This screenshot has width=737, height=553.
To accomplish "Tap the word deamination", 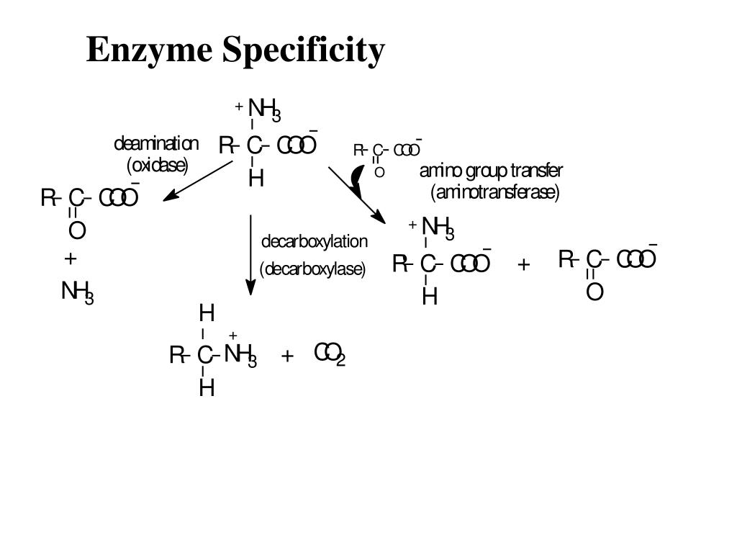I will (x=156, y=144).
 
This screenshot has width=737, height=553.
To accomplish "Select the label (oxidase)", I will (x=157, y=166).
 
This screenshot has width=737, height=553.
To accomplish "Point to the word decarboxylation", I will (x=314, y=241).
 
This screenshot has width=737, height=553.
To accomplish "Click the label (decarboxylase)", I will (x=313, y=269).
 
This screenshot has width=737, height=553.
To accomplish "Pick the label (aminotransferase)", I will (x=495, y=193).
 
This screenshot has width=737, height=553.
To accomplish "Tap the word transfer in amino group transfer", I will (x=536, y=171).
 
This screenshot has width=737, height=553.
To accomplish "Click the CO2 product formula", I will (x=330, y=354).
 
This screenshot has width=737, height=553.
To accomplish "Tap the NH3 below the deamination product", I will (x=77, y=292).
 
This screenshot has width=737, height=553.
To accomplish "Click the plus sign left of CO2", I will (x=287, y=356).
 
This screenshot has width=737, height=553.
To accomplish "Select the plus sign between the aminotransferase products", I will (x=523, y=264).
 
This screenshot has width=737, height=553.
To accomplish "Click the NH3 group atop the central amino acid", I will (x=263, y=110).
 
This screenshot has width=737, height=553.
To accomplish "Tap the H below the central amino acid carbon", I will (x=256, y=178).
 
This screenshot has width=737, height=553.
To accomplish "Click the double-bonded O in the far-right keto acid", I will (x=594, y=292).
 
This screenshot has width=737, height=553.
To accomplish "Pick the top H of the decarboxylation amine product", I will (x=207, y=314).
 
